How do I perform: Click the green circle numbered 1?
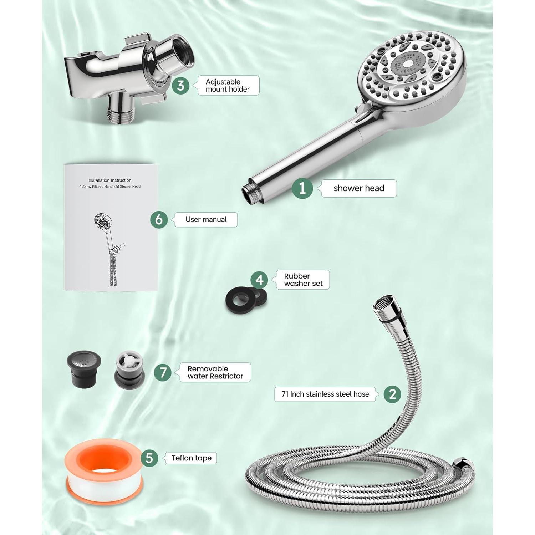point(302,188)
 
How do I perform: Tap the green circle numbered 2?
point(393,394)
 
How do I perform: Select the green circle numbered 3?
point(181,86)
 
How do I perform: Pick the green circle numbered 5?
point(149,458)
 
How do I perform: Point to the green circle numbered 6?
point(159,219)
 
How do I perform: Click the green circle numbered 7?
point(163,372)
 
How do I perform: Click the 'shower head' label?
point(359,188)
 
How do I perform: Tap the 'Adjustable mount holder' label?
point(228,86)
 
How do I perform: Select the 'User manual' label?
point(206,220)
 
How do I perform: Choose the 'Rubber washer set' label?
point(303,280)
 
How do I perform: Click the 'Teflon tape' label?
point(191,458)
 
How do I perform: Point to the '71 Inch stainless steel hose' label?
point(325,394)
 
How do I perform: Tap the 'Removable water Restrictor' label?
point(215,372)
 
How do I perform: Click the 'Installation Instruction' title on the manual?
point(110,180)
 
